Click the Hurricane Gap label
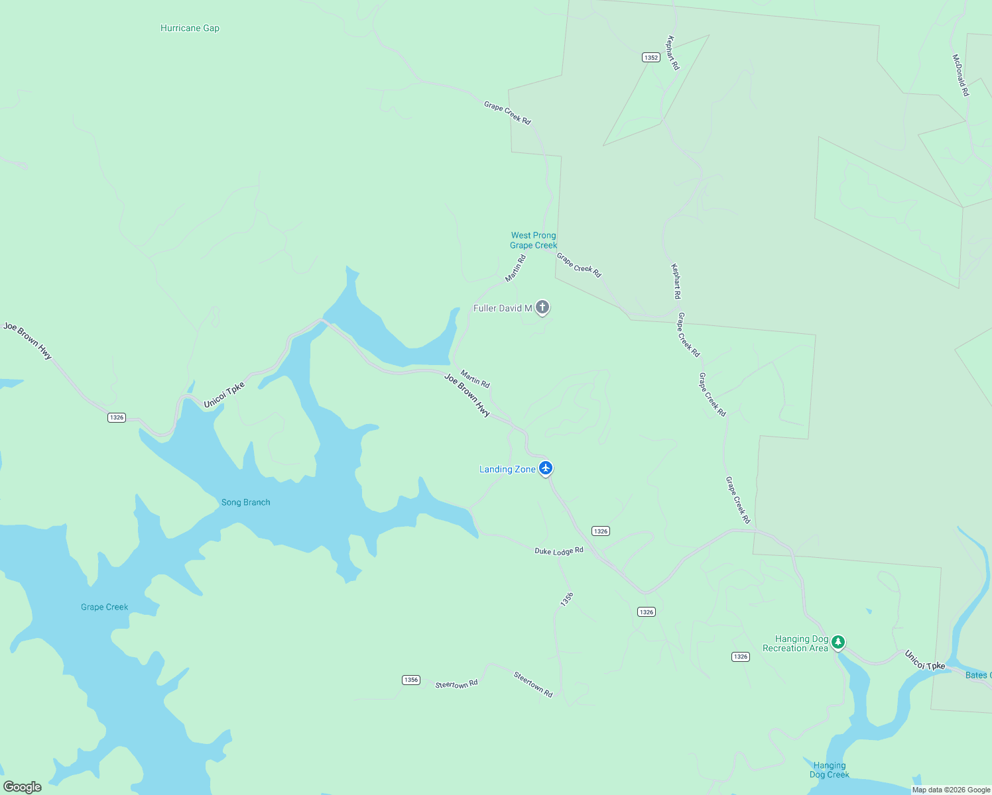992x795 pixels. click(x=190, y=28)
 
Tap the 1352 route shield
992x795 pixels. click(x=651, y=58)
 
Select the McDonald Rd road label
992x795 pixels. click(x=960, y=76)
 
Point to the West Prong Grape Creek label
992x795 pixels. click(x=533, y=240)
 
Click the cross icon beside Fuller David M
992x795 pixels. click(x=542, y=307)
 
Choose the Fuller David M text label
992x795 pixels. click(x=503, y=308)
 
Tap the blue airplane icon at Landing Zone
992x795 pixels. click(x=546, y=468)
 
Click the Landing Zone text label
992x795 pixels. click(x=507, y=469)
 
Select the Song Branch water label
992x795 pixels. click(x=245, y=502)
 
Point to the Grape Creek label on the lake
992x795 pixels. click(x=104, y=607)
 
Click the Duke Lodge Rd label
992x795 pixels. click(x=559, y=551)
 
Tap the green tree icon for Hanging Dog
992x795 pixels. click(x=838, y=641)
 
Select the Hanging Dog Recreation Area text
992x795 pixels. click(x=795, y=643)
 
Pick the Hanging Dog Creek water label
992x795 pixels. click(x=829, y=770)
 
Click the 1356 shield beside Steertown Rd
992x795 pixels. click(x=411, y=680)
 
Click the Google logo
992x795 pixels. click(x=23, y=787)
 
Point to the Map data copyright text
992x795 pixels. click(x=951, y=790)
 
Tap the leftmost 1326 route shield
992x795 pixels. click(x=117, y=417)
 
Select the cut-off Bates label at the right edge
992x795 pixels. click(x=978, y=675)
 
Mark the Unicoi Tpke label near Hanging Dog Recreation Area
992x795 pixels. click(x=925, y=661)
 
